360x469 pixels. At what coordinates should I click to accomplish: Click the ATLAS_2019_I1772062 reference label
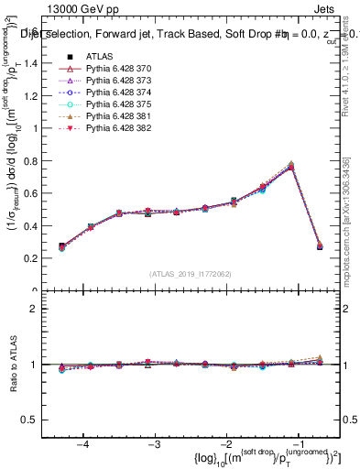coord(190,274)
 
